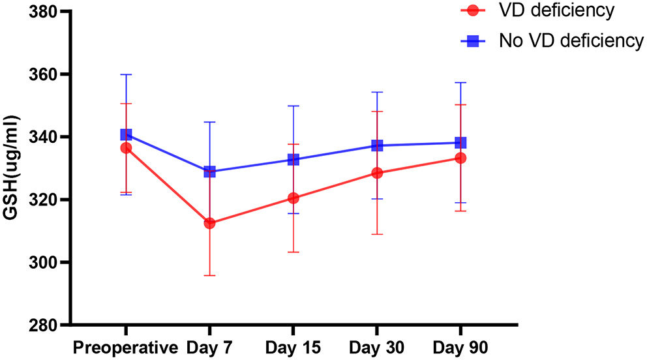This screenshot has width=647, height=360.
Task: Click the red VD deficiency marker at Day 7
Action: (x=209, y=223)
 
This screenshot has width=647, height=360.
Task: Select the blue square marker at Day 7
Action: (x=209, y=172)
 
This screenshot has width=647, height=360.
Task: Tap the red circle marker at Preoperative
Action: (x=126, y=148)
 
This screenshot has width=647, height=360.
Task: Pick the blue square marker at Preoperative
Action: (x=126, y=134)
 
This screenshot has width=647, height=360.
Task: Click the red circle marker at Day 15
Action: (x=293, y=198)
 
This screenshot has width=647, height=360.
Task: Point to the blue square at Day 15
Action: (x=293, y=160)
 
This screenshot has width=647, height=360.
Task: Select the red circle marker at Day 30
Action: (x=376, y=173)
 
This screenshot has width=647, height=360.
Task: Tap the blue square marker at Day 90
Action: (x=460, y=143)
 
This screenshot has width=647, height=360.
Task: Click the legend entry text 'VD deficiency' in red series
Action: (x=556, y=10)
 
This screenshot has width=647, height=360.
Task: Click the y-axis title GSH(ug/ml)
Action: (x=13, y=169)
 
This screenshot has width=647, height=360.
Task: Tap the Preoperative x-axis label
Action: (x=126, y=346)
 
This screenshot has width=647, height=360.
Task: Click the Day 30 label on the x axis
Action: (x=376, y=346)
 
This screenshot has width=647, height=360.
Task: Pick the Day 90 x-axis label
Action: (x=460, y=346)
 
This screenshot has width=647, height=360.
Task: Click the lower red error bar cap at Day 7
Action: (x=209, y=275)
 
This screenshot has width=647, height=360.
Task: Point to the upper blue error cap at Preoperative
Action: (x=126, y=74)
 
